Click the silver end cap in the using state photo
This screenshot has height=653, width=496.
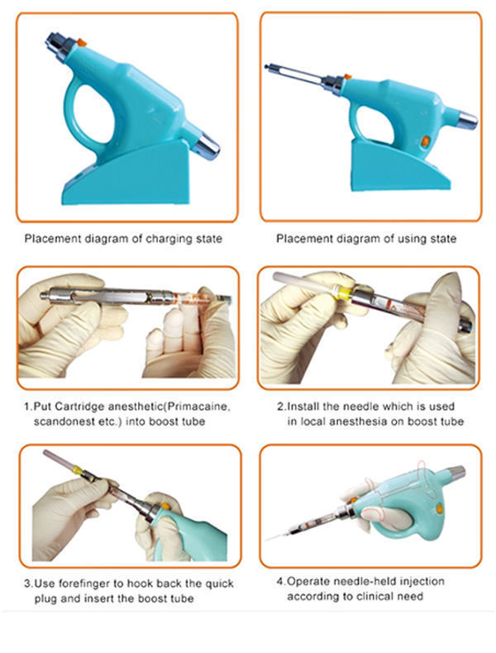pos(467,119)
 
